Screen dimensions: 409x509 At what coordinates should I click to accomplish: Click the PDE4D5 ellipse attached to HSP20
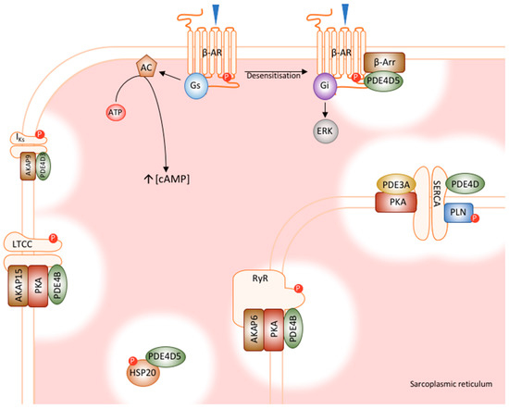[x=168, y=351]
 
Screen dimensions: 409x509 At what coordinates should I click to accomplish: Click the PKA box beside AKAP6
[x=275, y=327]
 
